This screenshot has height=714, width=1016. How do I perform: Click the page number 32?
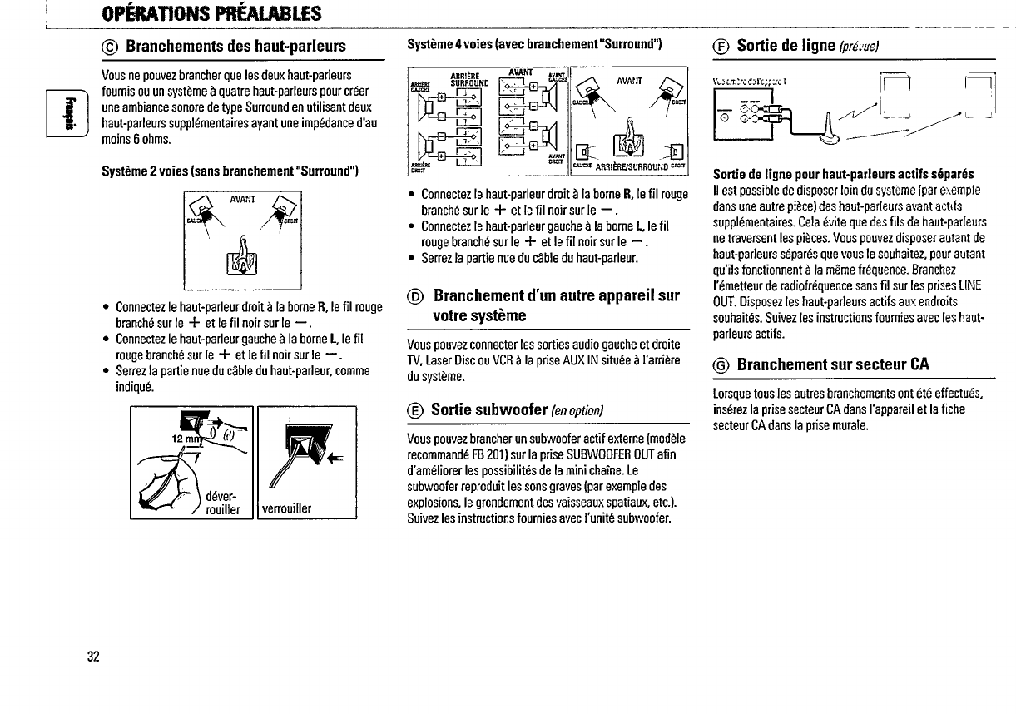pyautogui.click(x=93, y=656)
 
